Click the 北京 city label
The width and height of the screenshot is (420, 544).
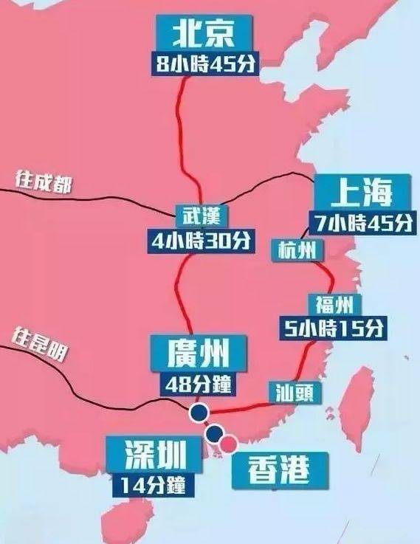[203, 34]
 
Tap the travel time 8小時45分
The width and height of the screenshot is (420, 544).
[203, 63]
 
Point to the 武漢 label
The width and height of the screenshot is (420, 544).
[197, 216]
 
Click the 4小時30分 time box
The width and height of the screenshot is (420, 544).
[200, 241]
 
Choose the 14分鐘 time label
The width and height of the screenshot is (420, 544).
[154, 484]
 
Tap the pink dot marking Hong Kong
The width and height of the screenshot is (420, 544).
[230, 443]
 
